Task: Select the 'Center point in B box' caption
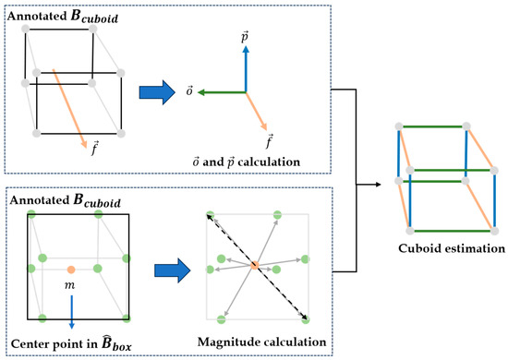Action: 71,344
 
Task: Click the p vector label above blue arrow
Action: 246,36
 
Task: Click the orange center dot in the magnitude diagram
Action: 255,266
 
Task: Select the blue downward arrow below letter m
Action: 71,313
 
